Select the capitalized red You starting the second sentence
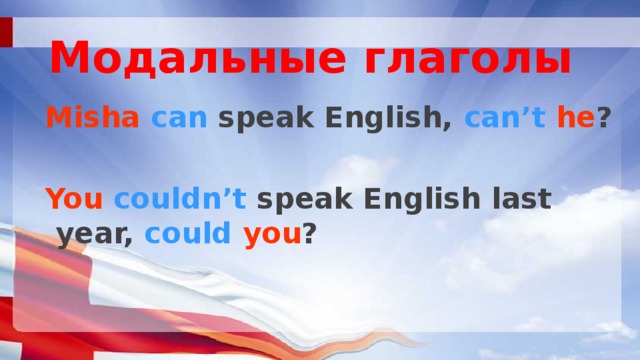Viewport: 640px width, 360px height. pos(74,199)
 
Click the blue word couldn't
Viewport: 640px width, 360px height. pos(180,199)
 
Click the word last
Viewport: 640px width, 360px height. pos(521,199)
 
